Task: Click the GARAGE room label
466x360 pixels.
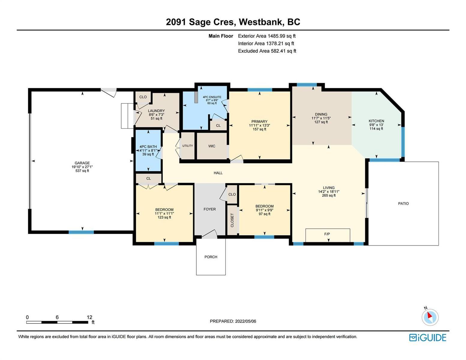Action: tap(82, 163)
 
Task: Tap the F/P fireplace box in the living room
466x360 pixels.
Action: tap(328, 235)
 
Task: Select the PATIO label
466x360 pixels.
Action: tap(403, 203)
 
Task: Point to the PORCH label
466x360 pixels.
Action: tap(211, 257)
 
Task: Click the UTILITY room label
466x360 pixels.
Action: tap(188, 146)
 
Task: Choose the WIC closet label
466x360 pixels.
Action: tap(212, 146)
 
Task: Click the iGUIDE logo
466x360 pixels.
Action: tap(428, 337)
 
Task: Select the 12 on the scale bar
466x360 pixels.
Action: tap(89, 317)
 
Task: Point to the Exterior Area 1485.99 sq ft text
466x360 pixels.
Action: tap(267, 36)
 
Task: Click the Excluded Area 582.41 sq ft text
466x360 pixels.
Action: tap(267, 51)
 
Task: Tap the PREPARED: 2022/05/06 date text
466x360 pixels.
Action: tap(233, 321)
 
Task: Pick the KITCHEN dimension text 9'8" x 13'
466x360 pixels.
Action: tap(376, 125)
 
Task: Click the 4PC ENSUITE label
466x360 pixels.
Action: tap(212, 97)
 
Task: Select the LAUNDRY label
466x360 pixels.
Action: tap(156, 111)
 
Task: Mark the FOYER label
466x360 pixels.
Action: tap(210, 209)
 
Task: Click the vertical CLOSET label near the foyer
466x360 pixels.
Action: tap(232, 220)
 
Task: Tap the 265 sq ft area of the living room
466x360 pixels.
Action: tap(329, 195)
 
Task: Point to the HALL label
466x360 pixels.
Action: tap(218, 173)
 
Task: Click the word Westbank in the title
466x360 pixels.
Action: tap(260, 22)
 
